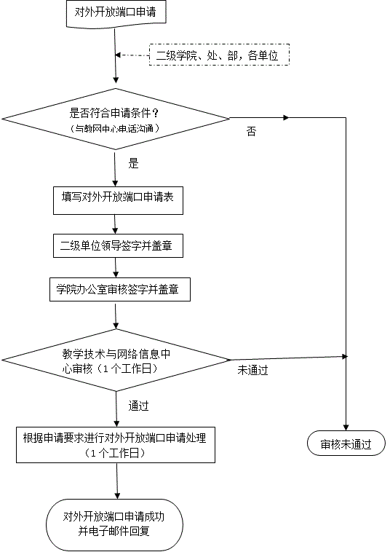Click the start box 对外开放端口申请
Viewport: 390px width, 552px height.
116,13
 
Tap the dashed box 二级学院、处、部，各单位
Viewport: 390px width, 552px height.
219,55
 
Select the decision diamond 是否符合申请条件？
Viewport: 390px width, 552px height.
116,119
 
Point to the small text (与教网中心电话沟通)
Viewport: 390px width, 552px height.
116,128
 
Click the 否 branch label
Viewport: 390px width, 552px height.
251,132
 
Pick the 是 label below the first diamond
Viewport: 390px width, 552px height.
133,163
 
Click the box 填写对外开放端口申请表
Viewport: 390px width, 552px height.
118,200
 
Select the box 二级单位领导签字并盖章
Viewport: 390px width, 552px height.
118,245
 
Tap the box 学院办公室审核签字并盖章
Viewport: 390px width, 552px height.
120,289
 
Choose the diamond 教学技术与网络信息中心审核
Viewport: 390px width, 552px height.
116,360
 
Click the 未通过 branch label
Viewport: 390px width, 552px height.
253,370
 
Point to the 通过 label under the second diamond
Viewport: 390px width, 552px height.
138,406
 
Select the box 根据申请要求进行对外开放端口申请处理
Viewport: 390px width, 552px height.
116,445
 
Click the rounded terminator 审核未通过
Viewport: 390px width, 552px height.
346,443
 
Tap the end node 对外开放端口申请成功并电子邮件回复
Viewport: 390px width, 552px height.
115,525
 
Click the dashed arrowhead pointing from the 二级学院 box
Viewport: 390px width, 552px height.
118,55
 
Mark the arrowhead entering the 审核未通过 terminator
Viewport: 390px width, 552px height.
346,427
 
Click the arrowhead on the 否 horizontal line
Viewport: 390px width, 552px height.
286,117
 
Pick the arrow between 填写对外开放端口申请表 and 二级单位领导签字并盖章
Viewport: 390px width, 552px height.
116,224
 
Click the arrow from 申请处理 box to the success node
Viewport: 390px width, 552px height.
116,481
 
